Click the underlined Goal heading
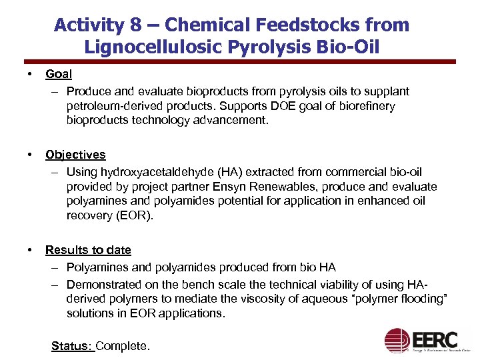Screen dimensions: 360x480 tap(59, 74)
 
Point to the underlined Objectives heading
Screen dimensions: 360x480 tap(75, 155)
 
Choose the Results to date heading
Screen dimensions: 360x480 tap(88, 250)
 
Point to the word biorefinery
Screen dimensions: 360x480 tap(365, 106)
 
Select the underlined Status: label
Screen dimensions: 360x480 tap(73, 345)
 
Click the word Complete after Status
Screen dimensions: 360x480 tap(123, 345)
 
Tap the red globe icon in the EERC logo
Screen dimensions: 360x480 tap(398, 340)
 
